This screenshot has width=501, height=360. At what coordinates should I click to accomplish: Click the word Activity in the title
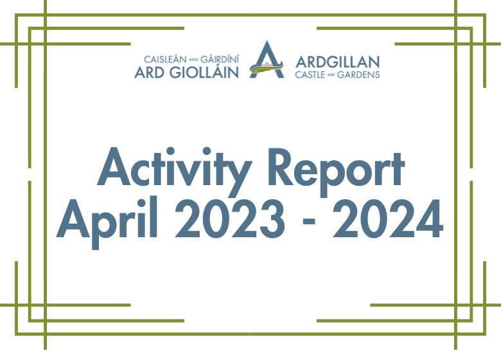pyautogui.click(x=173, y=168)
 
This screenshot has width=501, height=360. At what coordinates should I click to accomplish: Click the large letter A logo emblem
pyautogui.click(x=267, y=60)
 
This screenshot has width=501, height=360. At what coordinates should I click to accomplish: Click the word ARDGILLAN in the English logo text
pyautogui.click(x=337, y=62)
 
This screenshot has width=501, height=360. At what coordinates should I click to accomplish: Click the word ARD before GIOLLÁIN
pyautogui.click(x=148, y=72)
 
